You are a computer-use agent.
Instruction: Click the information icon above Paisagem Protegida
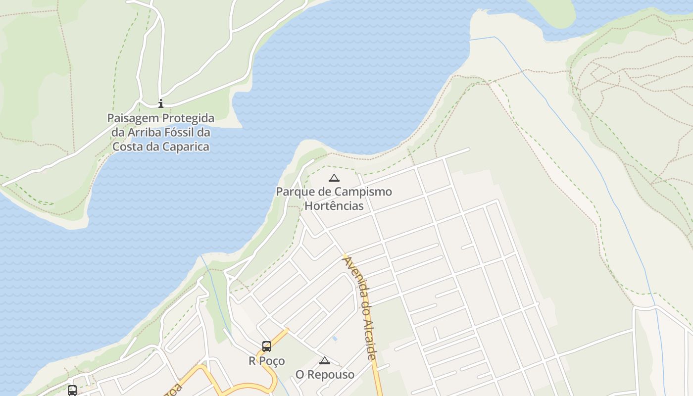click(160, 103)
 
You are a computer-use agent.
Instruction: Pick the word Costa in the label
click(127, 147)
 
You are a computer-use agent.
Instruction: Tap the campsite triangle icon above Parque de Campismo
click(334, 178)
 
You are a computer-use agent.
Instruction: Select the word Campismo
click(363, 192)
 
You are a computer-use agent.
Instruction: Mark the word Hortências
click(334, 206)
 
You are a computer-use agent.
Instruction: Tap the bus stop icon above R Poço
click(267, 346)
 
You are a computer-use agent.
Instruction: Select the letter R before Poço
click(252, 361)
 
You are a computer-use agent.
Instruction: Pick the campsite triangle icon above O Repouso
click(324, 361)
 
